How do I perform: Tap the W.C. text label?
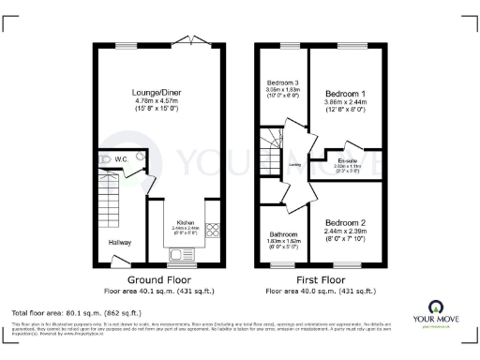click(121, 159)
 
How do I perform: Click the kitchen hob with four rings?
click(212, 227)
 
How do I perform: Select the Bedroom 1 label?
click(344, 95)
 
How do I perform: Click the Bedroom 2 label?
click(344, 222)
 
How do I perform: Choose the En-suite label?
click(348, 161)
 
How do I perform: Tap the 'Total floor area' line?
click(76, 311)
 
